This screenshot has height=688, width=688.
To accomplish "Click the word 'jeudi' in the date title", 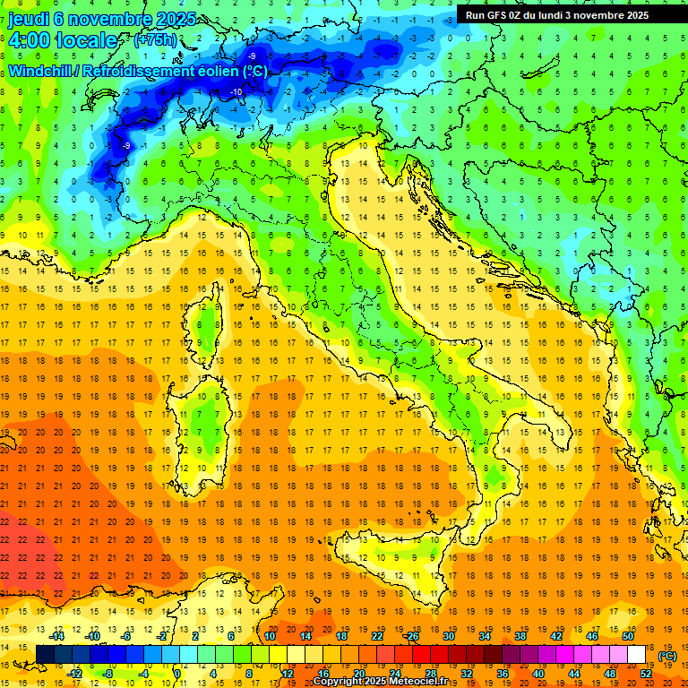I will pyautogui.click(x=29, y=19).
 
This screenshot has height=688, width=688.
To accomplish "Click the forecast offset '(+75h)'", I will pyautogui.click(x=155, y=40).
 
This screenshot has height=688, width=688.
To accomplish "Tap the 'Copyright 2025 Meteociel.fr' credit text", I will pyautogui.click(x=385, y=681).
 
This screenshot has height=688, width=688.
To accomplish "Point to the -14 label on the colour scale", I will pyautogui.click(x=58, y=636).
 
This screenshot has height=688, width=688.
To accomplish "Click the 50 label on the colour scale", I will pyautogui.click(x=628, y=636).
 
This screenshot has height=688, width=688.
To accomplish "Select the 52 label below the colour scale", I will pyautogui.click(x=646, y=674).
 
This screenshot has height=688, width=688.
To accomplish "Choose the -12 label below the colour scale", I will pyautogui.click(x=75, y=674).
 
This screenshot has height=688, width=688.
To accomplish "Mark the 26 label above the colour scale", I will pyautogui.click(x=412, y=636).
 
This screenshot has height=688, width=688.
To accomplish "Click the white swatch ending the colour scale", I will pyautogui.click(x=637, y=655).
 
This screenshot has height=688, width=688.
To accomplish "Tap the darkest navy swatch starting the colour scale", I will pyautogui.click(x=45, y=655).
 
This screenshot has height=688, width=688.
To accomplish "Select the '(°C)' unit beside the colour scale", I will pyautogui.click(x=667, y=656).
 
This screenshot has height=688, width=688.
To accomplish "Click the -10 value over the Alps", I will pyautogui.click(x=236, y=92).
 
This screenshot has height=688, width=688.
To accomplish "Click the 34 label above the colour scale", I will pyautogui.click(x=485, y=636).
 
